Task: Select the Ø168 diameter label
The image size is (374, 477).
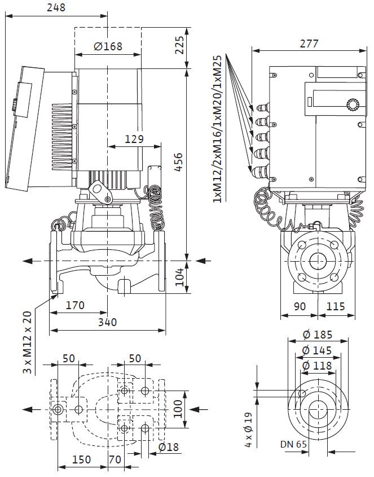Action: pos(108,46)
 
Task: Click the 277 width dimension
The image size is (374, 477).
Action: pos(309,44)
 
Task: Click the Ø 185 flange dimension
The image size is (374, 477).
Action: pos(316,334)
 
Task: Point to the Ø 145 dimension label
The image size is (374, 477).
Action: pos(316,350)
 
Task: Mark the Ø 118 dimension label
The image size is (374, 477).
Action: pos(316,366)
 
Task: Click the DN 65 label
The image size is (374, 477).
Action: pos(293,444)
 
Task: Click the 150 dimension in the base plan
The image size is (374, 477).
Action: pos(82,460)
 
